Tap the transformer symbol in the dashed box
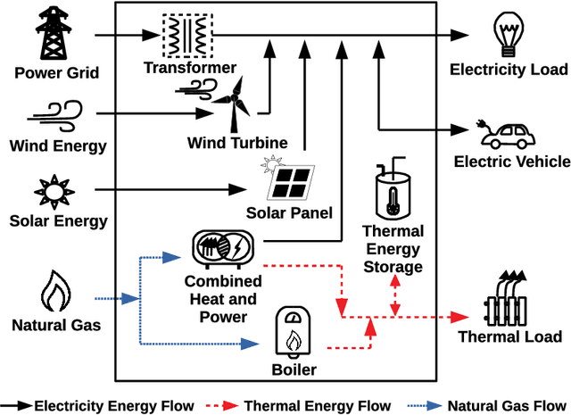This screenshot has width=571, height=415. tap(187, 35)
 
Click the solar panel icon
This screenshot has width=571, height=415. tap(290, 180)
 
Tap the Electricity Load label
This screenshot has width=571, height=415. tap(509, 70)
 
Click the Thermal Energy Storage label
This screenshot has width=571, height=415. tap(393, 250)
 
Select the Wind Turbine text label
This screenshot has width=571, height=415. tap(237, 143)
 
